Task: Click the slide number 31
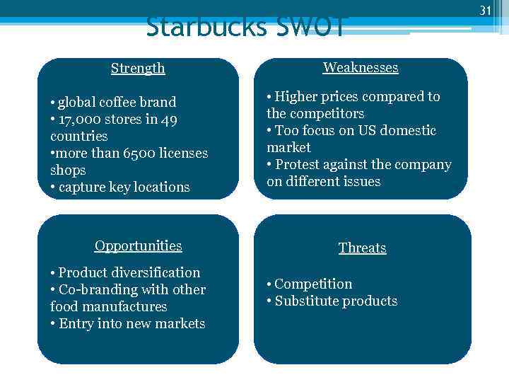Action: (485, 10)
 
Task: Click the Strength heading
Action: (138, 68)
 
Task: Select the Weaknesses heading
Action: (361, 67)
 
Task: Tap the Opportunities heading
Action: (139, 245)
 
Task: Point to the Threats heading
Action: (362, 248)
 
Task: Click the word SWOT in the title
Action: (310, 27)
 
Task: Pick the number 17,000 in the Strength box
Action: (84, 119)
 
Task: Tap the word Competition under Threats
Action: (313, 284)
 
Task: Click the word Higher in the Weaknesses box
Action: (297, 96)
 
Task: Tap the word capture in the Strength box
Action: (81, 187)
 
